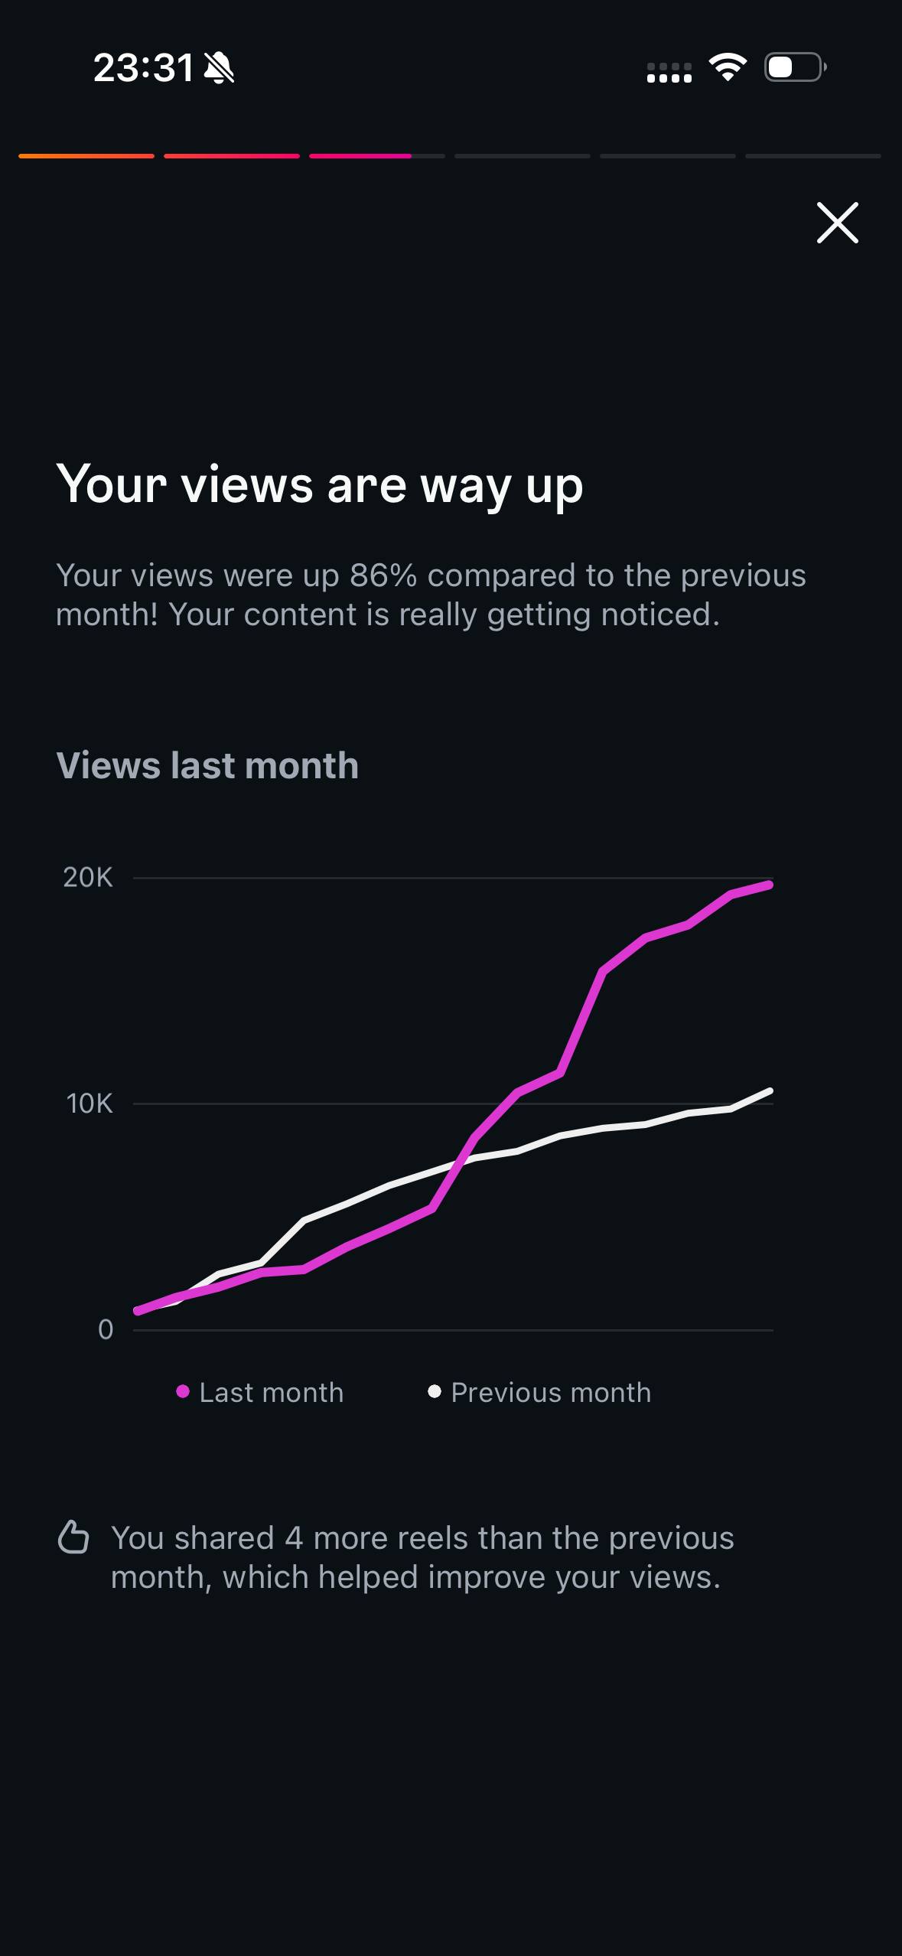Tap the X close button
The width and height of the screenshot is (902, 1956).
click(837, 223)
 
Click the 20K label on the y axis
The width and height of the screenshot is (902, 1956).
click(88, 877)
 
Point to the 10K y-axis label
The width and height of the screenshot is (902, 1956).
click(90, 1104)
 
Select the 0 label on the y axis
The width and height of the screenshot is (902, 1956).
click(106, 1329)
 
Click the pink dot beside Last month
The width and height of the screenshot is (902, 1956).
click(183, 1391)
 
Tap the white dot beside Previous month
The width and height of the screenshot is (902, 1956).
click(435, 1391)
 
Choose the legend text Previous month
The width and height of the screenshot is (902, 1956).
click(551, 1393)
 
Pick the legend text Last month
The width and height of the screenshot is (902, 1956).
click(272, 1393)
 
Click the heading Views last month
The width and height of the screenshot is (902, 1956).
click(207, 765)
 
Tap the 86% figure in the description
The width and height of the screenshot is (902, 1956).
click(383, 575)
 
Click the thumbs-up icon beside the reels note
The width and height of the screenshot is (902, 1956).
click(73, 1537)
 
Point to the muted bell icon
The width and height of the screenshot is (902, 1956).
click(219, 68)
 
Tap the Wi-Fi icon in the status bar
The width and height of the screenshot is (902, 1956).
click(728, 67)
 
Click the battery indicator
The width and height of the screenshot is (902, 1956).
click(796, 67)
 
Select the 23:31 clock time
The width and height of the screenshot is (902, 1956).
click(143, 68)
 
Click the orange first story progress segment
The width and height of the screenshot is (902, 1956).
click(86, 156)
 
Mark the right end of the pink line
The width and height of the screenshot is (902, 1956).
click(770, 885)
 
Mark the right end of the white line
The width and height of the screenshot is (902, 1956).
click(770, 1090)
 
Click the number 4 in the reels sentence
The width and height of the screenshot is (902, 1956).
click(294, 1538)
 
